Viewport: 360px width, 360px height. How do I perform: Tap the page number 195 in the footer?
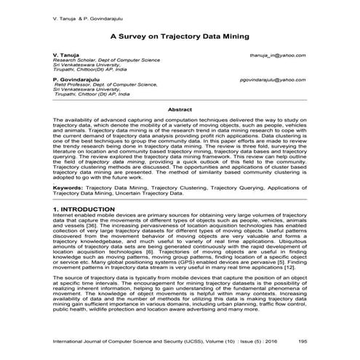tap(301, 340)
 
